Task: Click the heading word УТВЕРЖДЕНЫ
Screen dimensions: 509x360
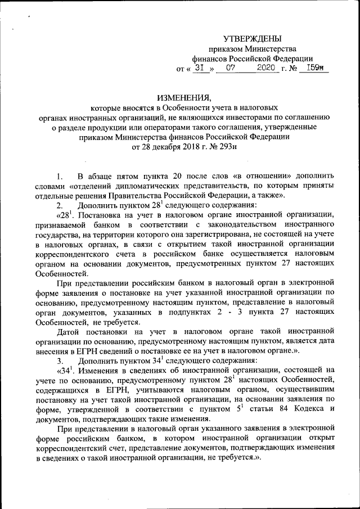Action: (x=252, y=39)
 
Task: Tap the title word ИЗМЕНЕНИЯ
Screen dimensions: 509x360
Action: (x=179, y=97)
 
